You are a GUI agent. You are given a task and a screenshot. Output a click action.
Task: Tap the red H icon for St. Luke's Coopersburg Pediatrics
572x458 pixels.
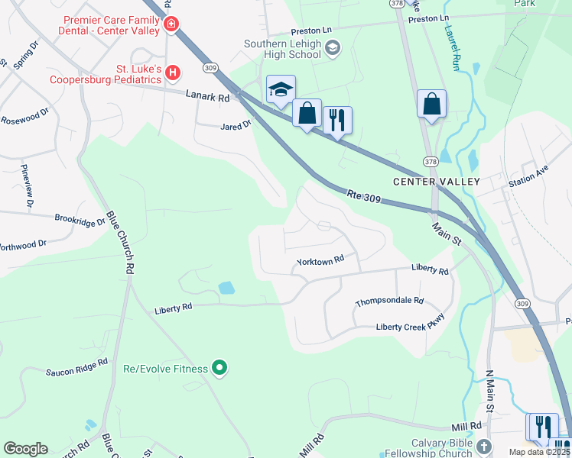click(174, 73)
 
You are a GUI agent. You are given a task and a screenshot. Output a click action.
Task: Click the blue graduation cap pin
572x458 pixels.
click(281, 90)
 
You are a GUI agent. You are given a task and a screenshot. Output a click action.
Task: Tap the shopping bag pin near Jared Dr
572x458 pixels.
click(307, 114)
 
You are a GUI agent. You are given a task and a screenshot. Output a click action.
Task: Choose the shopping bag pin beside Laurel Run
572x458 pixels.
click(431, 104)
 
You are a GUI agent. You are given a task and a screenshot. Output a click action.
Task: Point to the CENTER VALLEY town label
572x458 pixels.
click(436, 182)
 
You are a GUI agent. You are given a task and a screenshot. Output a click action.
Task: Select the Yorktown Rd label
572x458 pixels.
click(320, 261)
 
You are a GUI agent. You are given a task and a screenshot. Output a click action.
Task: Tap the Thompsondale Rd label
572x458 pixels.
click(388, 303)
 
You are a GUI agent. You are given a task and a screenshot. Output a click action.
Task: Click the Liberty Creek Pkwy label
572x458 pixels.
click(410, 327)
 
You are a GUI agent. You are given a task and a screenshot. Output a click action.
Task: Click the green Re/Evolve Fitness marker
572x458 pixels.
click(219, 369)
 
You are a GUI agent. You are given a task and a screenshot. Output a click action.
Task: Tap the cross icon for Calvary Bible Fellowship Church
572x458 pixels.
click(483, 445)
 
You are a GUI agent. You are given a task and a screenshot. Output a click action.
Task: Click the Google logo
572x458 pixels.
click(26, 449)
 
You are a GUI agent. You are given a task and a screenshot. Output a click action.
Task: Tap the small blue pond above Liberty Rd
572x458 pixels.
click(226, 288)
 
